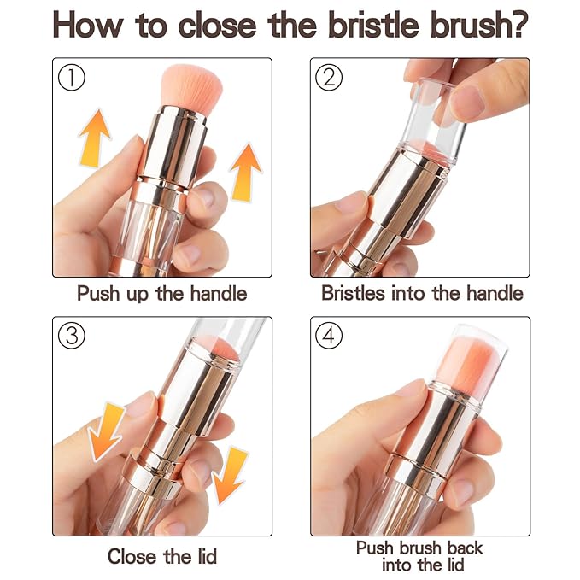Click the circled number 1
point(73,79)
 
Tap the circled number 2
point(330,79)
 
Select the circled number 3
point(73,337)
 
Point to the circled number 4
point(330,337)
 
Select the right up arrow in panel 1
point(246,171)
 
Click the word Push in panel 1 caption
point(99,294)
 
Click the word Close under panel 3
point(132,557)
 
